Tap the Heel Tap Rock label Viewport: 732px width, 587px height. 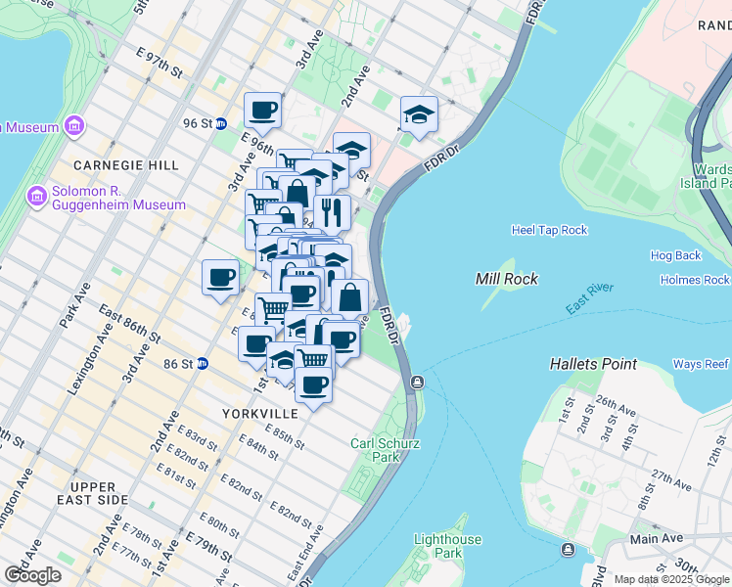tap(549, 230)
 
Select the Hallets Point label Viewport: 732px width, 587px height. tap(594, 364)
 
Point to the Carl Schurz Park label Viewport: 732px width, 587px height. tap(386, 450)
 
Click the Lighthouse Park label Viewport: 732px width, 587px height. tap(447, 546)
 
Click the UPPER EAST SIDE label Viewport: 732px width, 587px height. tap(100, 493)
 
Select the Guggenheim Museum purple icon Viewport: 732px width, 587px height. tap(37, 197)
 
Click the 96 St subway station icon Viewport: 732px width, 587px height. tap(222, 123)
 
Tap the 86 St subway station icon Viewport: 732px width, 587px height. tap(203, 363)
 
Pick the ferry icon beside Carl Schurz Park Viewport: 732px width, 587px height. tap(418, 382)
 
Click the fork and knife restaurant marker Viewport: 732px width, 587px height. tap(332, 211)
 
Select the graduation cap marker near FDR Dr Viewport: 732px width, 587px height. tap(419, 114)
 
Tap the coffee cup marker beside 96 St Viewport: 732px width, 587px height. tap(262, 111)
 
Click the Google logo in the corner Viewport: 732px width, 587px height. tap(32, 575)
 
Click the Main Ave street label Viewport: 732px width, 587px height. tap(657, 538)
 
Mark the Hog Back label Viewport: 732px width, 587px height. tap(675, 255)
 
